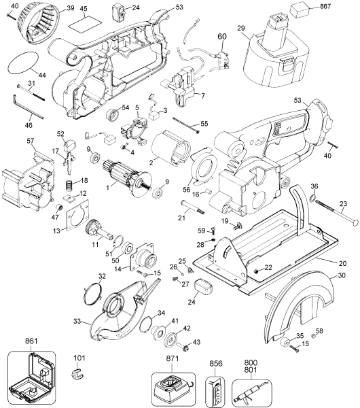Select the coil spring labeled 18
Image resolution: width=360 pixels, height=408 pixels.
(68, 184)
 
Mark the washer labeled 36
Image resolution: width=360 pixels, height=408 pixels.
(315, 200)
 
